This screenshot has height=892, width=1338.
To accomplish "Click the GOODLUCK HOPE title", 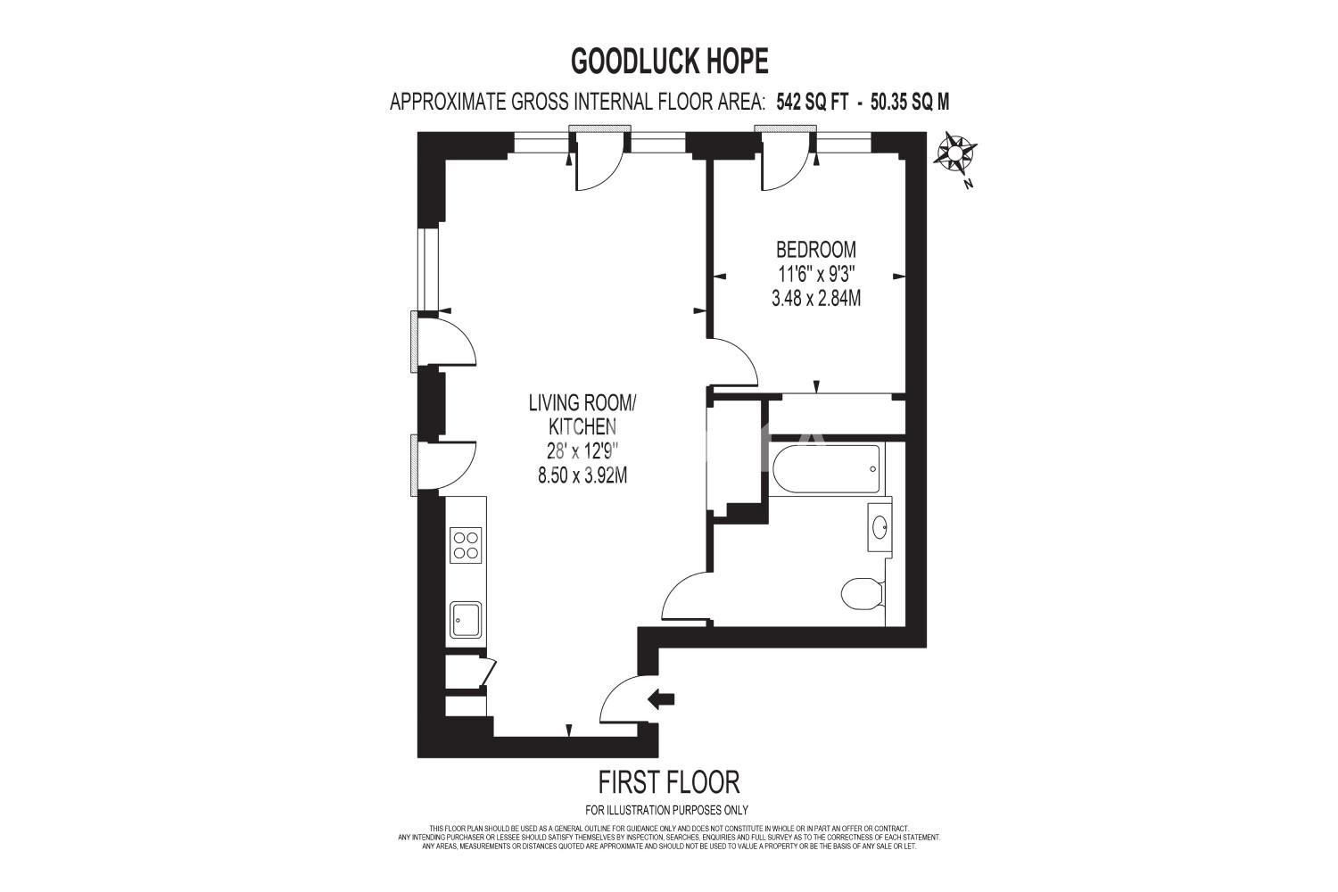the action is coord(670,61).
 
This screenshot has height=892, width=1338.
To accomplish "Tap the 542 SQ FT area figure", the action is coord(813,103).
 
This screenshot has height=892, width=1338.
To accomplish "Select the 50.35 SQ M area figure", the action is coord(910,103).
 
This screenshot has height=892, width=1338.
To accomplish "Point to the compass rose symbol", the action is coord(954,153).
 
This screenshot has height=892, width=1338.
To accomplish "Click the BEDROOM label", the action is coord(816,249).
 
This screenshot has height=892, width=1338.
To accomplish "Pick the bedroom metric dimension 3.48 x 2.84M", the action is coord(816,298).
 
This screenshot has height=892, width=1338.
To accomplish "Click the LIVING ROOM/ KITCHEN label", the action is coord(582,415).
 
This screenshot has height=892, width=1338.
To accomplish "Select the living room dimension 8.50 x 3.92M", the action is coord(582,475).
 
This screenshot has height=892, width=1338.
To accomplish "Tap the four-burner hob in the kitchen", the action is coord(466,545).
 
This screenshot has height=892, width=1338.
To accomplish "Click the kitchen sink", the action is coord(466,620).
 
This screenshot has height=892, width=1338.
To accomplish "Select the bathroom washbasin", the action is coord(880,527).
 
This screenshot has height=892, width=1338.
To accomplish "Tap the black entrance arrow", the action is coord(661,698).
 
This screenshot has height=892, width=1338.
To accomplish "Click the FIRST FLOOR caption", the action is coord(669,781).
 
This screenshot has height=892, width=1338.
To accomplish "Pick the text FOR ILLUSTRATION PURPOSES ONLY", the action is coord(666,811).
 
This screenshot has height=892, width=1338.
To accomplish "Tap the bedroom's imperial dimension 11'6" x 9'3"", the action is coord(816,274).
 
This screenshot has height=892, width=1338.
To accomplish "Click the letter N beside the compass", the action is coord(969,184).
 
